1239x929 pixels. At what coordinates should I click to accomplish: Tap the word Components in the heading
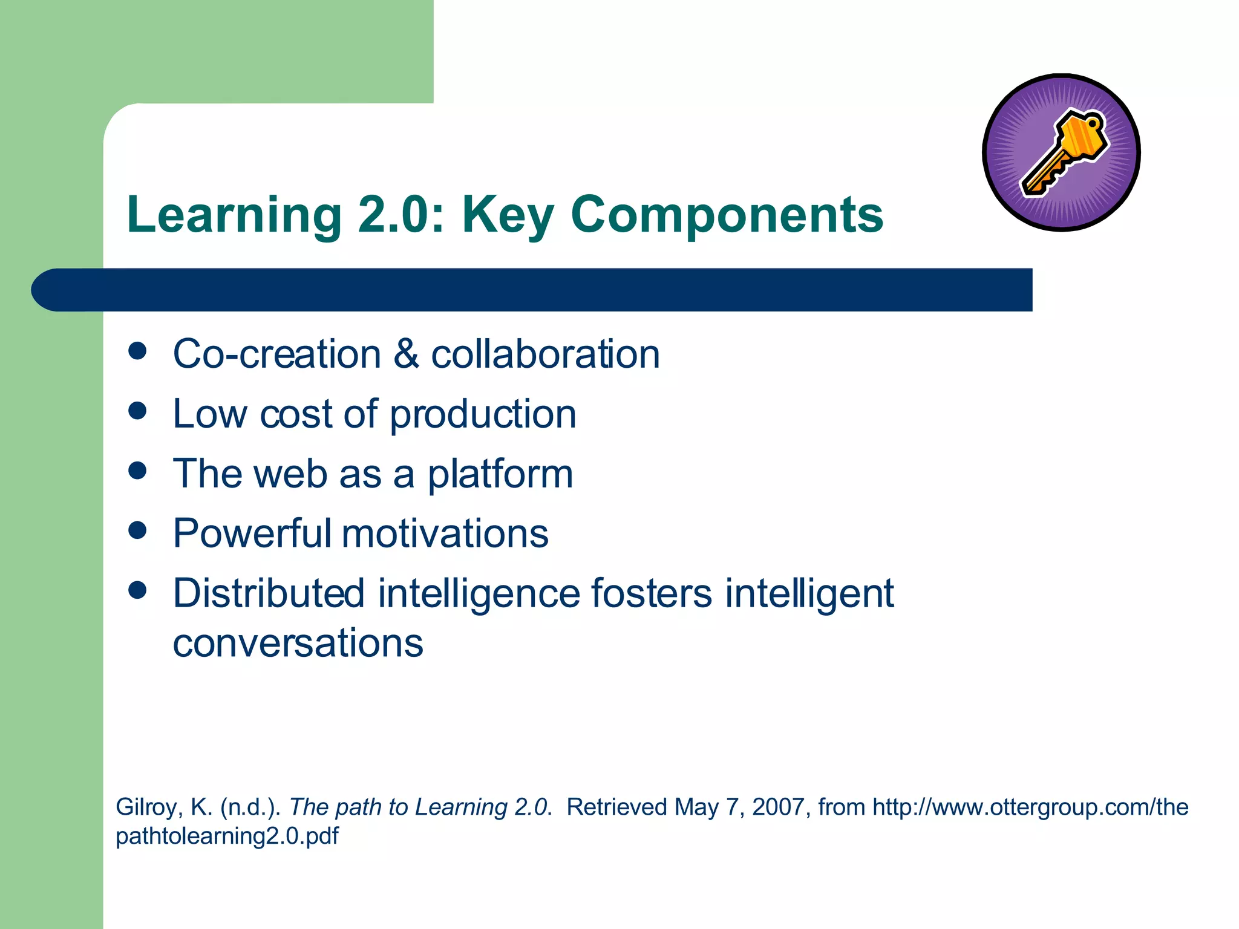tap(727, 215)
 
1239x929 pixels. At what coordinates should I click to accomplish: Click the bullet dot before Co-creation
tap(138, 351)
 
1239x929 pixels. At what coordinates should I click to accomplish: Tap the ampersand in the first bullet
tap(406, 354)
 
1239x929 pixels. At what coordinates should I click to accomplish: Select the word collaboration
tap(545, 354)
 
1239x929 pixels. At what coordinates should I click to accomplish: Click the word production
tap(483, 415)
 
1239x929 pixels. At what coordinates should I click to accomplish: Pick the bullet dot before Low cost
tap(138, 411)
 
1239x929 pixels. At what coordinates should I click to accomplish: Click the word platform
tap(500, 474)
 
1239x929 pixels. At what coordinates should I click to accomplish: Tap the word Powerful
tap(252, 533)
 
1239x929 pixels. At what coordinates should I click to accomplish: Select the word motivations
tap(445, 533)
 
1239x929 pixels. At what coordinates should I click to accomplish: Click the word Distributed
tap(269, 593)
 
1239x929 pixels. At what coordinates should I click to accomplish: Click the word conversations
tap(298, 642)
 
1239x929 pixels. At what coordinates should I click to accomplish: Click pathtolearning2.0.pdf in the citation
tap(227, 836)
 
